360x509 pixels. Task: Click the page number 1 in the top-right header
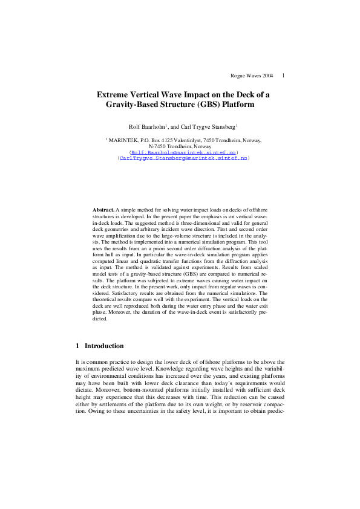(283, 76)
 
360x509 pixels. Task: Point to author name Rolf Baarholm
(148, 126)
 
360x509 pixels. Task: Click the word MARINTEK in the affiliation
(125, 140)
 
